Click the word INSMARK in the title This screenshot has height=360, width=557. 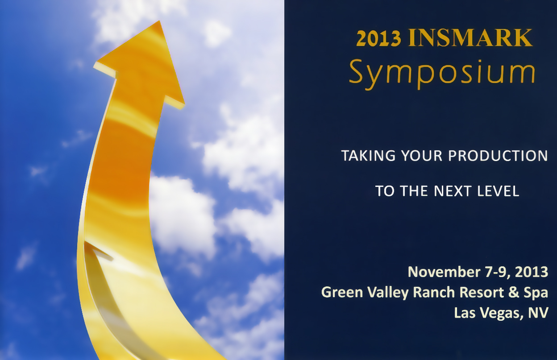click(x=470, y=37)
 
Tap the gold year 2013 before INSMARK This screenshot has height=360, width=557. click(x=379, y=38)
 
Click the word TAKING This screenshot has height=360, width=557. click(x=368, y=156)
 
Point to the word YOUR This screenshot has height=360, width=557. click(x=422, y=156)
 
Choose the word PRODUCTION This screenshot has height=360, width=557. click(x=498, y=156)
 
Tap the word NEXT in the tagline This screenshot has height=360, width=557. click(x=453, y=191)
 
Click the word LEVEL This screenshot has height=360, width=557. click(x=499, y=191)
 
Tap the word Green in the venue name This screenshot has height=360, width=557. click(x=342, y=292)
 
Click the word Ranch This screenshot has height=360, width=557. click(x=434, y=292)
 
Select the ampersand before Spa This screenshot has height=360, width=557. click(x=514, y=292)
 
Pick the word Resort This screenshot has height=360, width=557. click(x=482, y=292)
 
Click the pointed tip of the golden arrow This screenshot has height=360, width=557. click(x=159, y=21)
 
